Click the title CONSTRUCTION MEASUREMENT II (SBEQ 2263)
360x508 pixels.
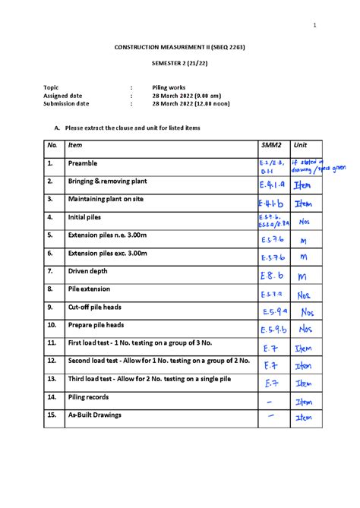point(180,48)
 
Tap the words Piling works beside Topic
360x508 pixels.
point(168,87)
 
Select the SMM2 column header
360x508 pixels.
point(271,145)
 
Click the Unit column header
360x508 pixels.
point(302,145)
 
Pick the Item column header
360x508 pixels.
point(75,145)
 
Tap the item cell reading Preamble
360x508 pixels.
point(83,163)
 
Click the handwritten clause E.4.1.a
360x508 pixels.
point(272,185)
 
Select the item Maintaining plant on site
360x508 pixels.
point(106,199)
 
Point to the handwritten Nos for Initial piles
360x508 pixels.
point(305,222)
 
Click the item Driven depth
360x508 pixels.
point(90,271)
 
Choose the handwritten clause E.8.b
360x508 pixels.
point(270,276)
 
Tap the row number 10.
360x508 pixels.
point(52,325)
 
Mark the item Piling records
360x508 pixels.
point(88,397)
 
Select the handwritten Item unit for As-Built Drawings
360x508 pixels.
point(304,418)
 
